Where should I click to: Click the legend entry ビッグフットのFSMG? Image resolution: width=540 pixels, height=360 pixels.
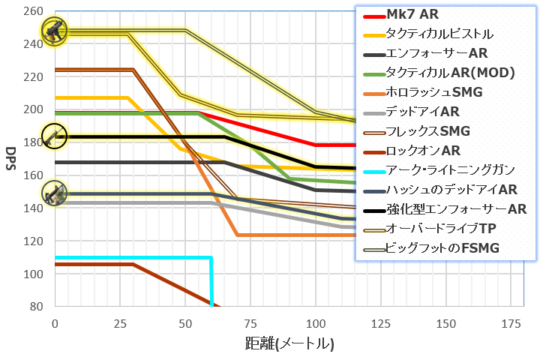[442, 248]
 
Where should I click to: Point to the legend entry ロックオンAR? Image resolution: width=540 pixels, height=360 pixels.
[424, 151]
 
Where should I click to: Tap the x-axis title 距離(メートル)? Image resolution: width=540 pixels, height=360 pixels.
[289, 344]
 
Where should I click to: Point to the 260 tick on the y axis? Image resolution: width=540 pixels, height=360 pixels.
[33, 11]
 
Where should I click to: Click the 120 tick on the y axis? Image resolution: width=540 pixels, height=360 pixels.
[33, 241]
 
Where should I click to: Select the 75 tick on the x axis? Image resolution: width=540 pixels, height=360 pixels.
[250, 322]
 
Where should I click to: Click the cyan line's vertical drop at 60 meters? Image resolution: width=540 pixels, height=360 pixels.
[211, 285]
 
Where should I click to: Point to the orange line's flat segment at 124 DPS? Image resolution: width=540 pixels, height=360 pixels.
[292, 235]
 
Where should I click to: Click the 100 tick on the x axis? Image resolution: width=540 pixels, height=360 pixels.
[316, 322]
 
